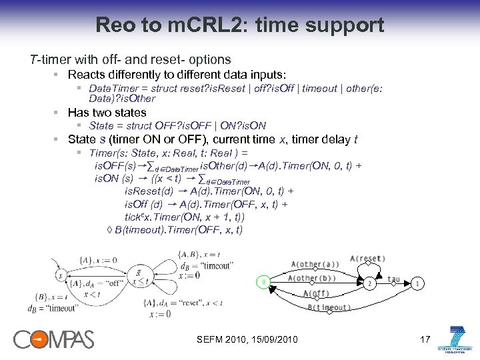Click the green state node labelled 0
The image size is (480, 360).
click(x=263, y=283)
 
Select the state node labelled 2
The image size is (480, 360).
click(x=369, y=283)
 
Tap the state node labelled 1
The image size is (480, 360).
click(x=417, y=283)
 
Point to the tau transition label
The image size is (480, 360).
click(x=393, y=279)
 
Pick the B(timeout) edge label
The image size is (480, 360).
click(x=329, y=307)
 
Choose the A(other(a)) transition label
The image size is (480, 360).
click(x=315, y=265)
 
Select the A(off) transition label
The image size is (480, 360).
click(x=315, y=294)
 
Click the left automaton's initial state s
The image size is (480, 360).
click(x=60, y=275)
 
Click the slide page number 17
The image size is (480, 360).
click(x=425, y=340)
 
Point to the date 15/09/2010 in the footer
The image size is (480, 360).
click(x=273, y=341)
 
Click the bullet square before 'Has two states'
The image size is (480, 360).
click(x=58, y=113)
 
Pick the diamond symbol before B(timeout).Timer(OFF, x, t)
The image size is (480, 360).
click(x=110, y=230)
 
